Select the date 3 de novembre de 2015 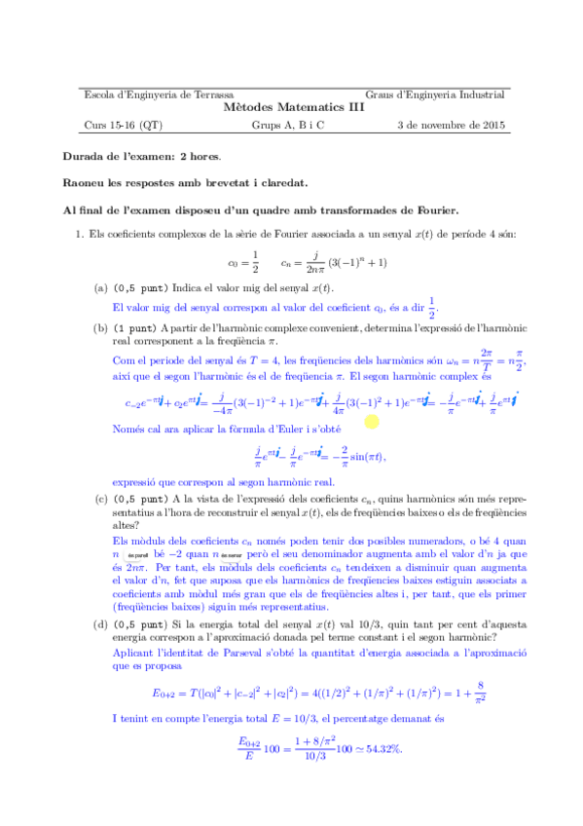(x=452, y=125)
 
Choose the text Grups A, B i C (x=288, y=125)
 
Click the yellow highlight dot (x=371, y=421)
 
